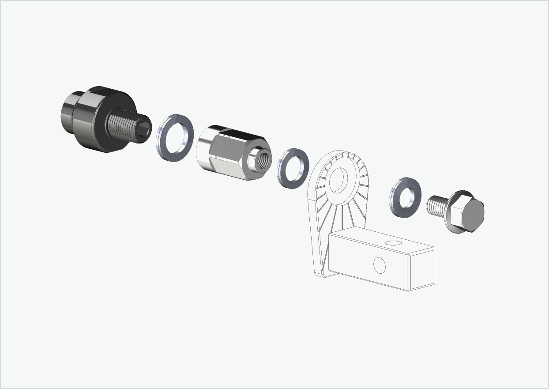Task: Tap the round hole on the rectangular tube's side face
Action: pyautogui.click(x=379, y=265)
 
